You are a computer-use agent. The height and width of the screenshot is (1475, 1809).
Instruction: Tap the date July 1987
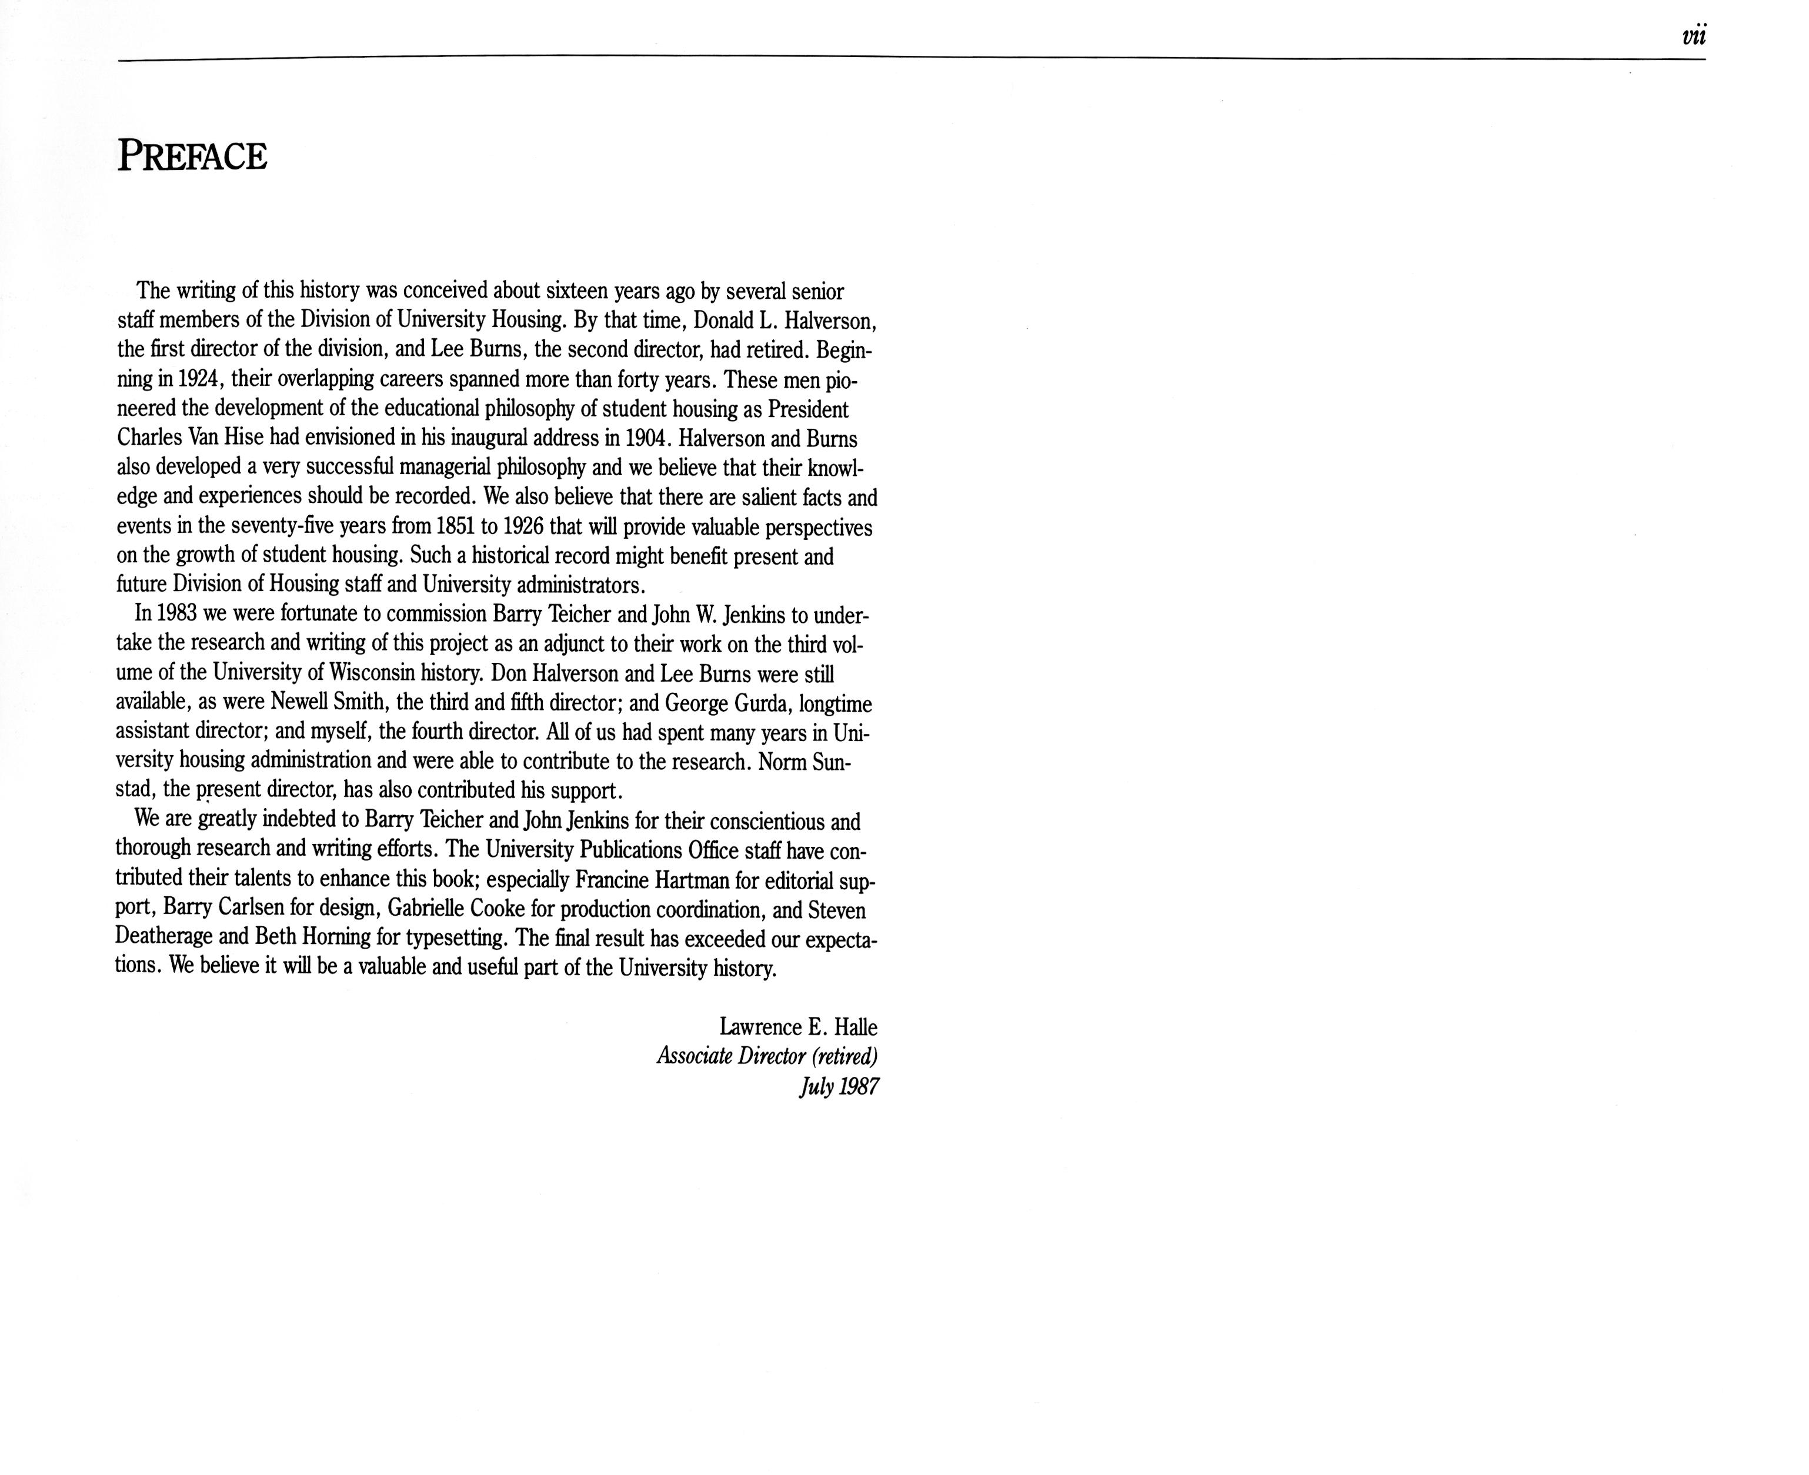pos(839,1087)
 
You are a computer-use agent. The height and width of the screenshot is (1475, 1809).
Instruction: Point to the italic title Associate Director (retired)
pos(766,1057)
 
